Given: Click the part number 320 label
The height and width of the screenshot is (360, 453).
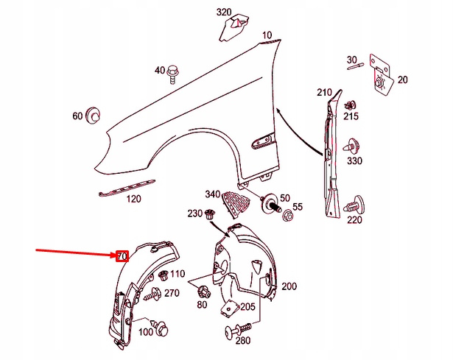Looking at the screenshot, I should (x=224, y=12).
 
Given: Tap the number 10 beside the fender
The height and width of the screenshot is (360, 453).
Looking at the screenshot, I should (x=266, y=35).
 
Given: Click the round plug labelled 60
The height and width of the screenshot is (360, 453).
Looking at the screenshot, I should (x=94, y=116).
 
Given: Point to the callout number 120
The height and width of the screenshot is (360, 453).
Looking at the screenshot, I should (x=133, y=200).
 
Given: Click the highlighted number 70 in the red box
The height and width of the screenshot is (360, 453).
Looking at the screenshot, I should (x=122, y=256).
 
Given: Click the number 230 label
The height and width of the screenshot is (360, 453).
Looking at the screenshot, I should (x=194, y=213).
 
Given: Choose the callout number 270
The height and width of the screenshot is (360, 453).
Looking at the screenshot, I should (x=172, y=293).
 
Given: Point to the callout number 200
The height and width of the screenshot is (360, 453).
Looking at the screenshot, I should (x=288, y=286).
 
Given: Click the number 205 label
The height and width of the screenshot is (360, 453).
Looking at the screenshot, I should (x=248, y=307).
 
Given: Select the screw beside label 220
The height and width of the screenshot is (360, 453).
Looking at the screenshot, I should (x=359, y=202).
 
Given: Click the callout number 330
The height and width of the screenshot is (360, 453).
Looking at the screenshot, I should (x=354, y=161).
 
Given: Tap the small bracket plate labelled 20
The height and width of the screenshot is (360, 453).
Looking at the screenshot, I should (x=382, y=73).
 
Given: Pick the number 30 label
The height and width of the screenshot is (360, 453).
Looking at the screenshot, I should (x=351, y=60).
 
